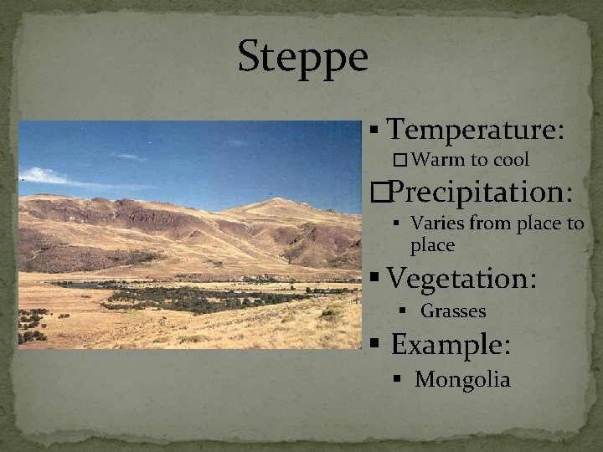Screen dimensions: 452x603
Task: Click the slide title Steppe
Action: click(x=302, y=58)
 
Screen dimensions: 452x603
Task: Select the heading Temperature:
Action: click(x=475, y=131)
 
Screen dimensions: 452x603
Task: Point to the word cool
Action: click(x=510, y=159)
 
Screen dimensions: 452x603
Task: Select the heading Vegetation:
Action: click(x=462, y=277)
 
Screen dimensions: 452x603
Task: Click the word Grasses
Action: click(x=452, y=311)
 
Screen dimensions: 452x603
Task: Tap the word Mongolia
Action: click(x=462, y=380)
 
